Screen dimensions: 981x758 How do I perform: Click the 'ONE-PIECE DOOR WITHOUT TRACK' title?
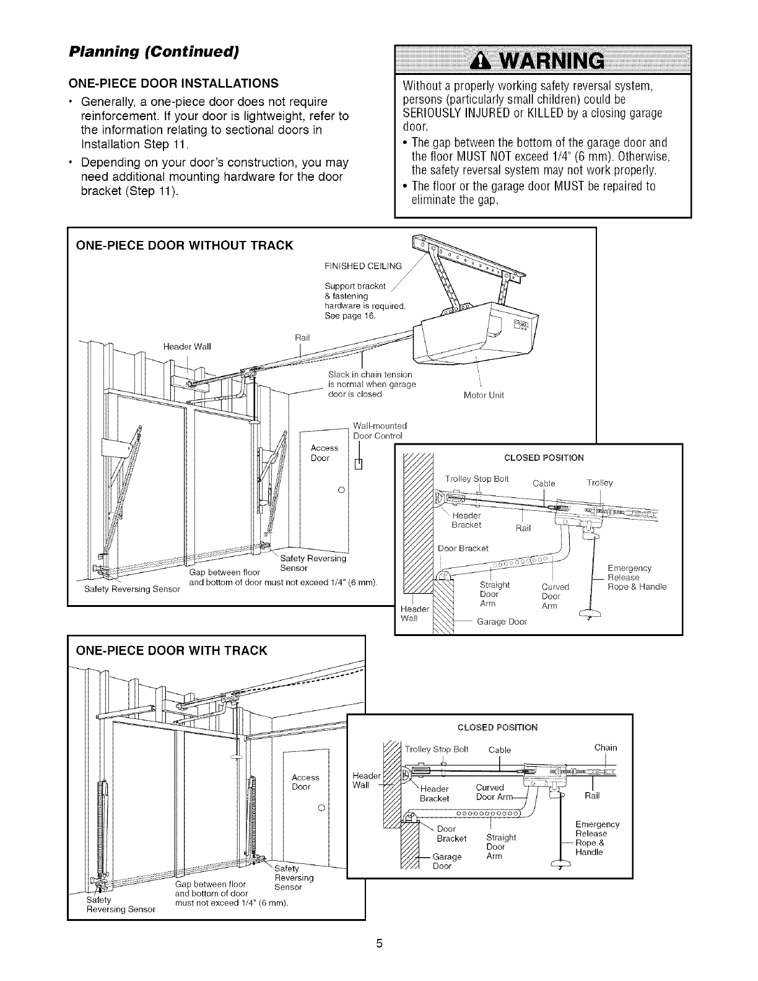(184, 245)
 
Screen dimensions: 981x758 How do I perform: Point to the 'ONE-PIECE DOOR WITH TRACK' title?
(171, 650)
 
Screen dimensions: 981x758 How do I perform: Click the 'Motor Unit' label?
(484, 396)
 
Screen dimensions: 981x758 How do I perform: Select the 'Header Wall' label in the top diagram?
(188, 346)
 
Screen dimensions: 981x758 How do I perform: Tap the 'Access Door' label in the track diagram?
(305, 782)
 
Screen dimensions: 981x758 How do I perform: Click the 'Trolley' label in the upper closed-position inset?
(599, 483)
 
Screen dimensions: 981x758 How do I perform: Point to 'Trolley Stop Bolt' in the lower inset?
(436, 749)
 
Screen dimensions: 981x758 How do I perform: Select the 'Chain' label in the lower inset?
(605, 748)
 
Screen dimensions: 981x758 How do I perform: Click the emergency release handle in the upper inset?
(591, 614)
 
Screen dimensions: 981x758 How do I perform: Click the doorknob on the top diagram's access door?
(341, 490)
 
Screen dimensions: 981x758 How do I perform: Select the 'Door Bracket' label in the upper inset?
(463, 548)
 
